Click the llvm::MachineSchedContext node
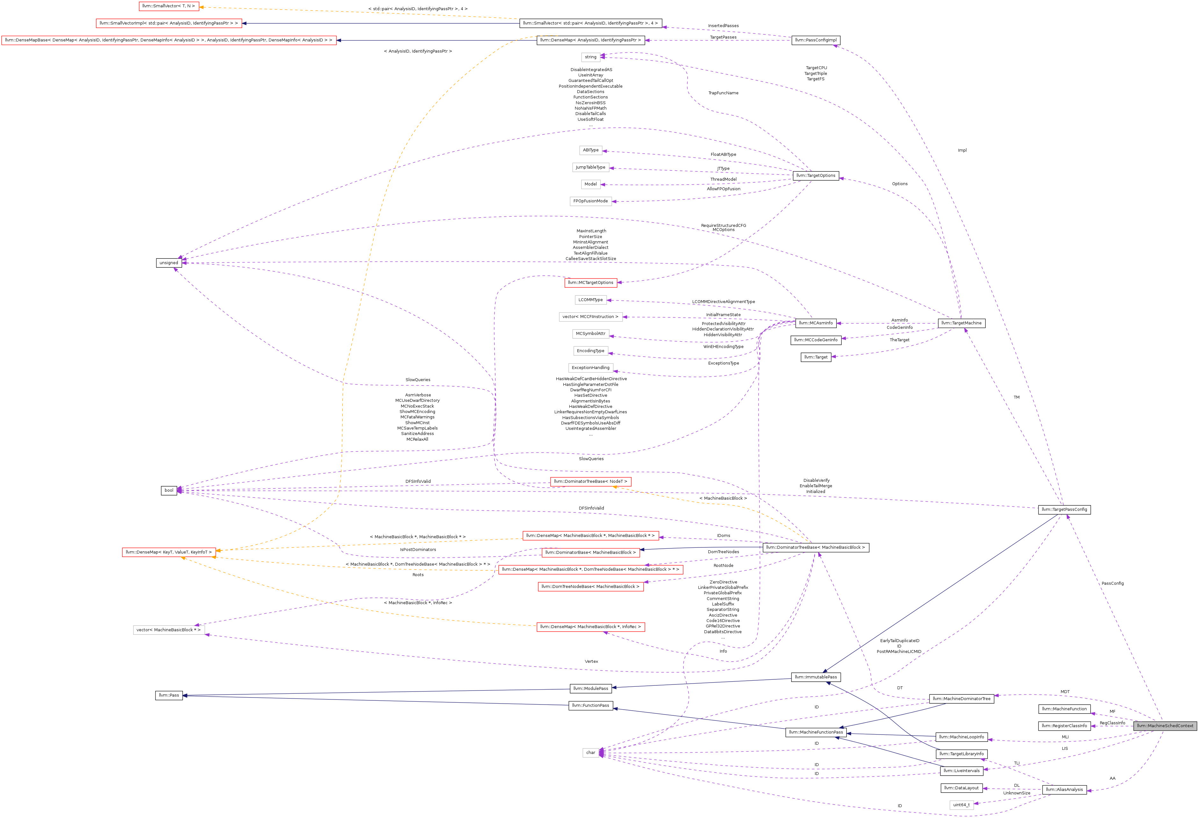pos(1165,726)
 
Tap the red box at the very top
pos(169,6)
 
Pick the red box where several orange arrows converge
pos(169,552)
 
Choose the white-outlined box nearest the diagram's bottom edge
pos(961,805)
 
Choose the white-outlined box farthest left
pos(169,630)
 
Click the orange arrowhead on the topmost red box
pos(201,7)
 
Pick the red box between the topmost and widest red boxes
pos(169,23)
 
